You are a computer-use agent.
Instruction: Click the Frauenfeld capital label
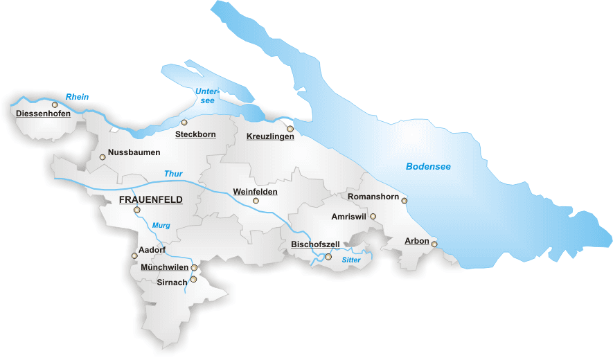151,199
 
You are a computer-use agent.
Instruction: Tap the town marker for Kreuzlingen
291,129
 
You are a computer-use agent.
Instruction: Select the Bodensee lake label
428,167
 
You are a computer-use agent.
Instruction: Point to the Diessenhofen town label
43,113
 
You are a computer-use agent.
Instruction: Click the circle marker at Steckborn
184,123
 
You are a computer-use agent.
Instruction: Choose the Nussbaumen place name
134,152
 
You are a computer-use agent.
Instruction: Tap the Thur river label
172,174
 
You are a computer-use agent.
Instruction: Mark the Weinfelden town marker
256,201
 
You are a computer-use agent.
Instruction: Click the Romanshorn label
373,197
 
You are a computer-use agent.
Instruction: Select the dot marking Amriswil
373,217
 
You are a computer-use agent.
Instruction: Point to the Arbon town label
417,242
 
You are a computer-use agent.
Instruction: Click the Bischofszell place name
314,244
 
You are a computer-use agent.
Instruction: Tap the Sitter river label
351,260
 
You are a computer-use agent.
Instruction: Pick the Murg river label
161,226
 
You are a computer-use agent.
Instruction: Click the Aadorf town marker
135,255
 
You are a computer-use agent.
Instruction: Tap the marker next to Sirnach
194,280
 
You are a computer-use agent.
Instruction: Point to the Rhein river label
78,97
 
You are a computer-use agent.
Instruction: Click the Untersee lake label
206,96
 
